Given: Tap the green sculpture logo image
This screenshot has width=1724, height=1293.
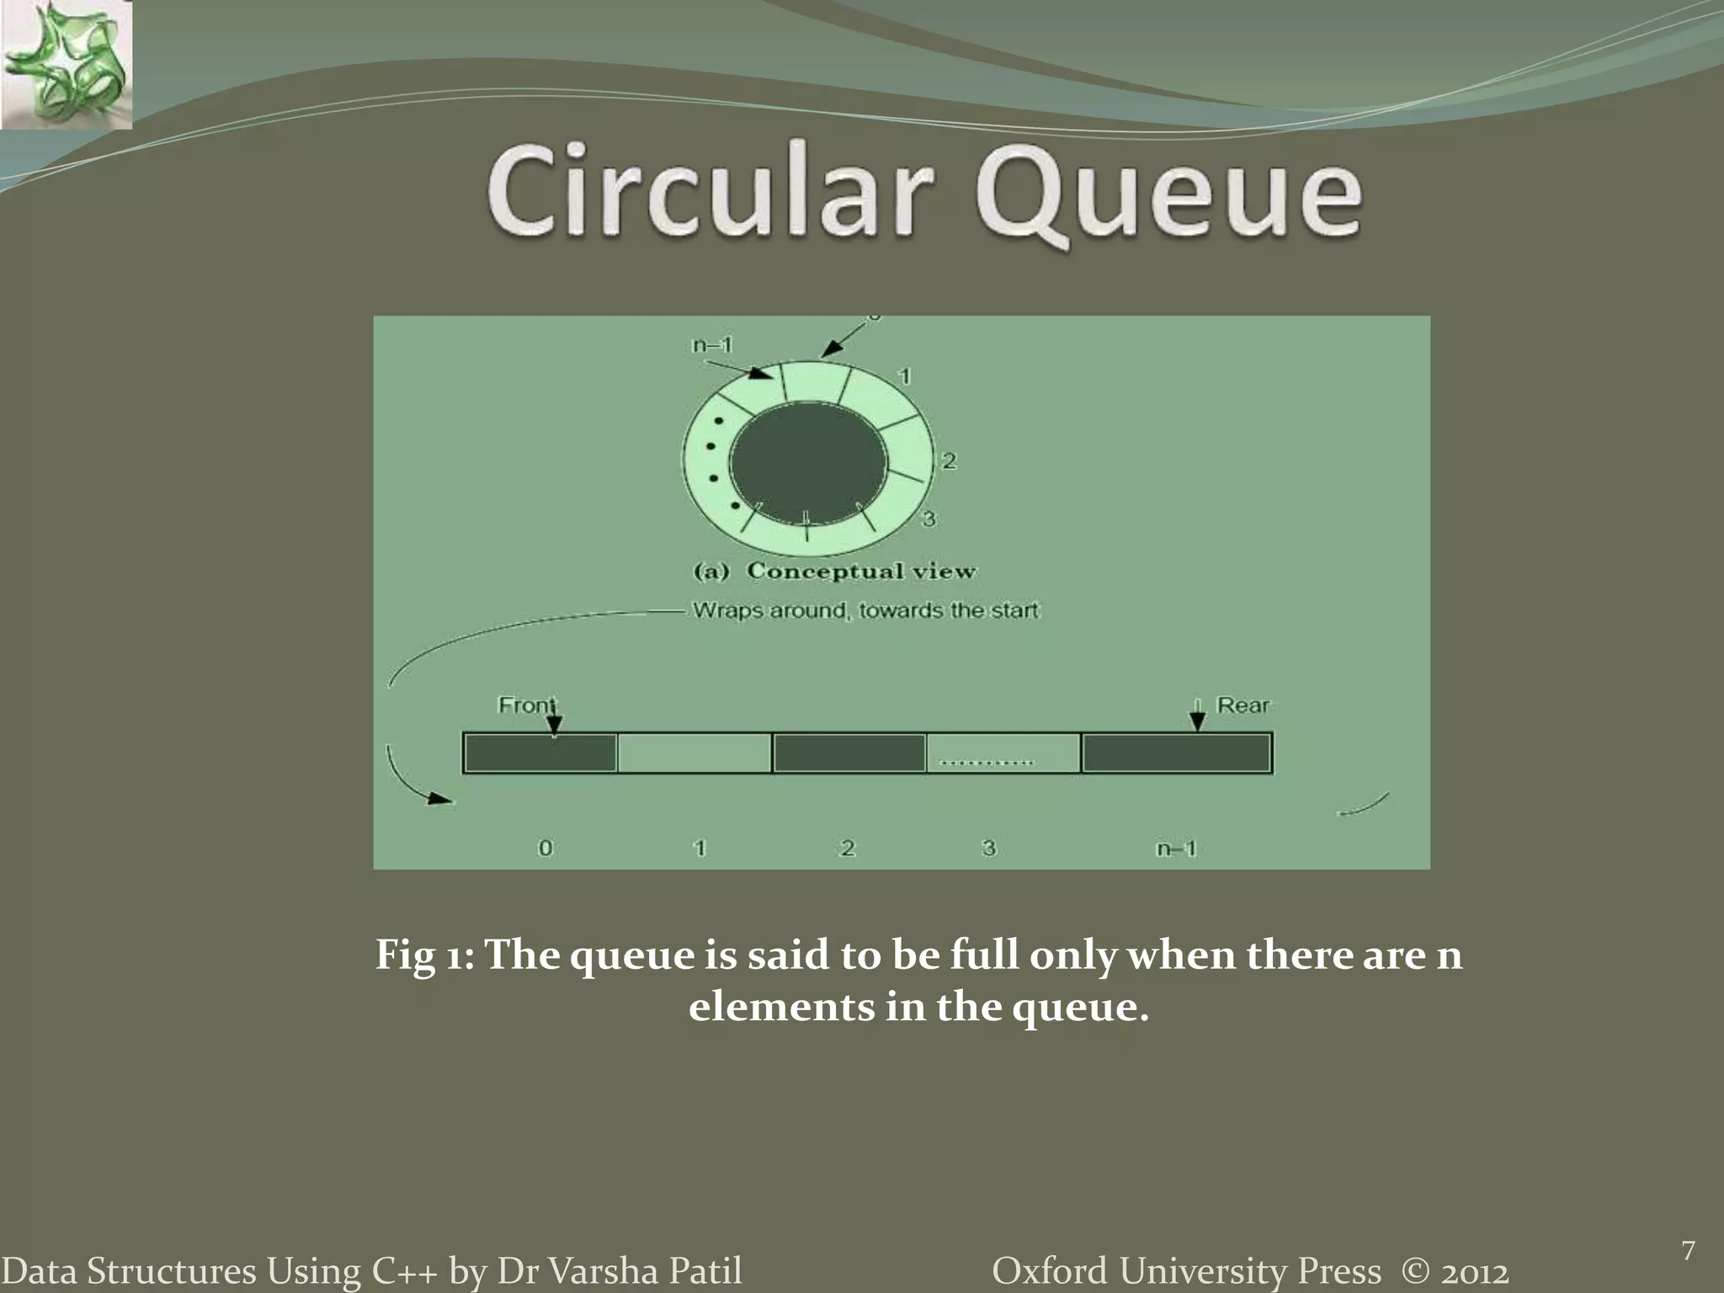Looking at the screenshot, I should [66, 65].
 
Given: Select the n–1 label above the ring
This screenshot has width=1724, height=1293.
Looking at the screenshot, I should [712, 345].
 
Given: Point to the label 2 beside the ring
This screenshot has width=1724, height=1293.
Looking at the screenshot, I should [949, 461].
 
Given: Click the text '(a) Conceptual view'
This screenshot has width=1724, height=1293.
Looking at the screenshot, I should [833, 572].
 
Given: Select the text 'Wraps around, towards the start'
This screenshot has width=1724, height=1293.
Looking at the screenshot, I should [865, 610].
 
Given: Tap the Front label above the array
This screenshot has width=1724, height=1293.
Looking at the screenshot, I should [526, 705].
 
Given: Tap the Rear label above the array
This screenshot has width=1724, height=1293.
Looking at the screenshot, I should [1242, 705].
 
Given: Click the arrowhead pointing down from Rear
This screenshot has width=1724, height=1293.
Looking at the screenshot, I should [1197, 722].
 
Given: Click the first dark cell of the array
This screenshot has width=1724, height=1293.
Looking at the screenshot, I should [540, 753].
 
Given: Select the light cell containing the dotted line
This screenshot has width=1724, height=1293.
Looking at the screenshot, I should [1003, 753].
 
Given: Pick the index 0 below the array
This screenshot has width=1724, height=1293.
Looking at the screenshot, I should [545, 848].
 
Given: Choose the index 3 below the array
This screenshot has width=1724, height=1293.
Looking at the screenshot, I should [989, 848].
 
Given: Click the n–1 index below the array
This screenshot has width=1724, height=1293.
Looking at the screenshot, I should [1176, 849].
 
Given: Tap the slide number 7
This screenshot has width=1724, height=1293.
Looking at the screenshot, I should [1688, 1251].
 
